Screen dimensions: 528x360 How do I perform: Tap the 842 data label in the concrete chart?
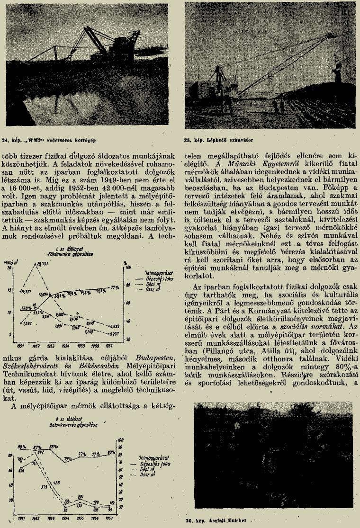coord(40,453)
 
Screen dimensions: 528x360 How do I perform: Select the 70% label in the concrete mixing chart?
coord(68,458)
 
